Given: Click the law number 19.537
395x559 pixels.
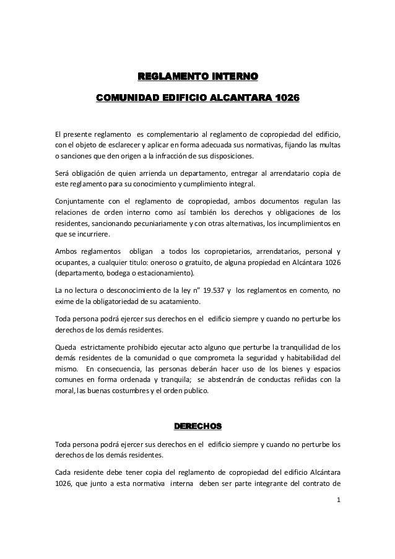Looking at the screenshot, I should coord(211,290).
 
